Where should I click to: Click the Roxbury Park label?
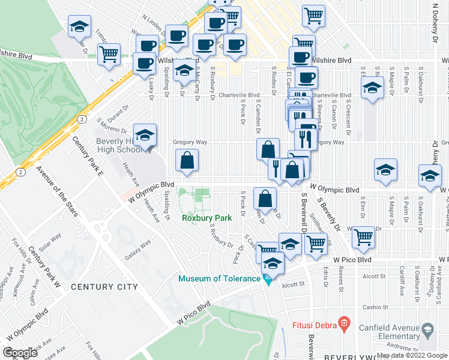tap(206, 219)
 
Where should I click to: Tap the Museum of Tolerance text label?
tap(218, 278)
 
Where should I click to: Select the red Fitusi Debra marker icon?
tap(344, 323)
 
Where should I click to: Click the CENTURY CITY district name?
tap(104, 287)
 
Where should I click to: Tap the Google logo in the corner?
tap(20, 352)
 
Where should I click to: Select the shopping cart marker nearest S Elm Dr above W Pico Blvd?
tap(363, 237)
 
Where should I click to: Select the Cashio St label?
tap(375, 307)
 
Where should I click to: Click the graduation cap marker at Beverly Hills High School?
tap(145, 136)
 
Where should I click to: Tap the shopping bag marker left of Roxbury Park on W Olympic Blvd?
tap(187, 161)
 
